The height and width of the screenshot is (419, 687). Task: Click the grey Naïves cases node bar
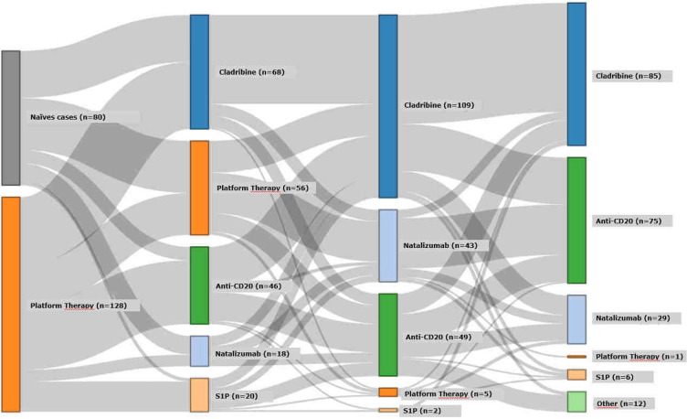pos(10,117)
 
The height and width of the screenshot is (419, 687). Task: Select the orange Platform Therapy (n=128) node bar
pos(10,304)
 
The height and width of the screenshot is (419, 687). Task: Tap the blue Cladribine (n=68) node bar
pos(199,71)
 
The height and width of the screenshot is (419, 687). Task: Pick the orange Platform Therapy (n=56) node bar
pos(199,188)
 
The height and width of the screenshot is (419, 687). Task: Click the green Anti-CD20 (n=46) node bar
pos(199,285)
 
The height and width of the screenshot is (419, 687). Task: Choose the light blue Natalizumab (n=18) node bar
pos(199,351)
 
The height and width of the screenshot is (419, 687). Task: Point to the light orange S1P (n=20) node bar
pos(199,394)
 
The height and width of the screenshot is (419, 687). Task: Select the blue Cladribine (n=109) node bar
pos(387,105)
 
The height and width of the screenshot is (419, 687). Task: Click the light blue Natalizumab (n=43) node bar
pos(387,245)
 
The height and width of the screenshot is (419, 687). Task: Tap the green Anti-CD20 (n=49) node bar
pos(387,335)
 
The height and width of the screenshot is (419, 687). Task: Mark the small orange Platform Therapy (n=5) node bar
pos(387,392)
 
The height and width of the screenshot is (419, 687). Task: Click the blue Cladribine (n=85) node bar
pos(576,74)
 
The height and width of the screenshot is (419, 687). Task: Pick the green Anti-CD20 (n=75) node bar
pos(576,220)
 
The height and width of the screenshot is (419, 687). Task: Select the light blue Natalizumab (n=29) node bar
pos(576,318)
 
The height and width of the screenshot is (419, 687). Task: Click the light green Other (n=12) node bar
pos(576,402)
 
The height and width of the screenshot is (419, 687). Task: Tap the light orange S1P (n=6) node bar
pos(576,375)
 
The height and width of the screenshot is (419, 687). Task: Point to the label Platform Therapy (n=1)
pos(636,357)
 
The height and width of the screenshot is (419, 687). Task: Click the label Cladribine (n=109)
pos(443,105)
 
